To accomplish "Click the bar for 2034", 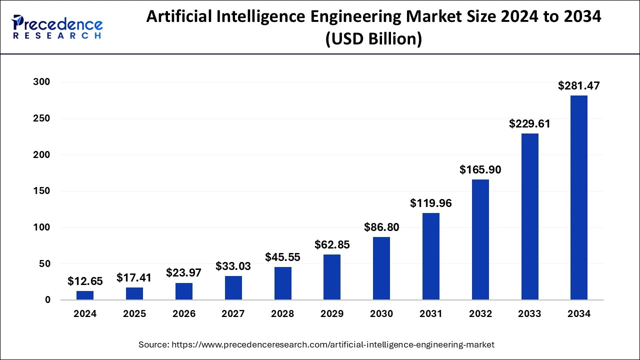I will (x=579, y=197).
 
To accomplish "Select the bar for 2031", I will (x=430, y=256).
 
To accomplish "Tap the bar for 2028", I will (x=282, y=283).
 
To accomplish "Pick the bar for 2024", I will (x=85, y=295).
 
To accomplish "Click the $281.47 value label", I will (x=579, y=86).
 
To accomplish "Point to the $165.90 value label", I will (x=480, y=170).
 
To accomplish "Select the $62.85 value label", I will (x=332, y=245).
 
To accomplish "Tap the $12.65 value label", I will (x=85, y=281).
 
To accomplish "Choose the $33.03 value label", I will (x=233, y=266).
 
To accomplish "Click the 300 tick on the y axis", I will (x=42, y=82).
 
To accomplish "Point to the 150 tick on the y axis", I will (x=42, y=191).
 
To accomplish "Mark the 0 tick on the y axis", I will (x=47, y=300).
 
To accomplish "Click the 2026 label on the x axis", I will (x=183, y=314).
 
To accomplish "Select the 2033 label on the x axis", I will (x=529, y=314).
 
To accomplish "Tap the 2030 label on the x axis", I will (x=381, y=314).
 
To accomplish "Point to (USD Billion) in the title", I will (x=373, y=39).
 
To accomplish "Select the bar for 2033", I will (x=529, y=216).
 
